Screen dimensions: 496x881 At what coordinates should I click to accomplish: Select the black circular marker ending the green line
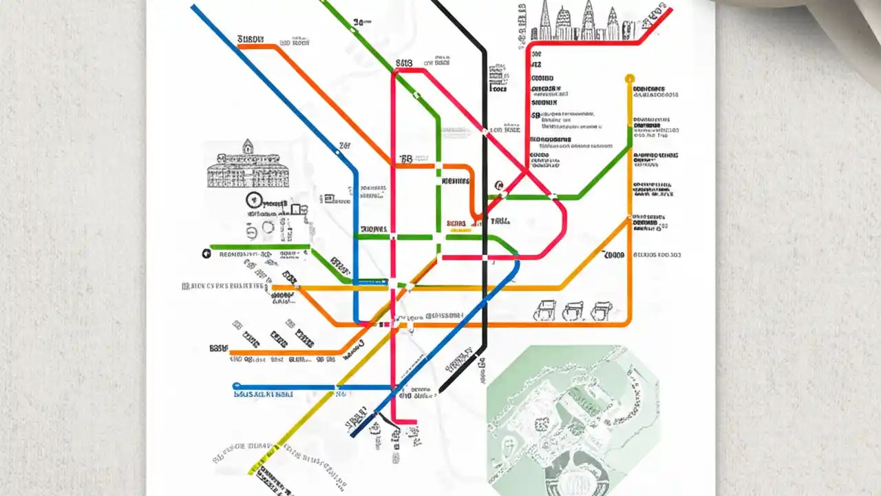(206, 254)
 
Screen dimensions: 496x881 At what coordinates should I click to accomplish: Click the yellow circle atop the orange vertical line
(629, 79)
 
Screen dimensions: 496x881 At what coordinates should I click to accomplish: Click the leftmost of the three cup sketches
(546, 311)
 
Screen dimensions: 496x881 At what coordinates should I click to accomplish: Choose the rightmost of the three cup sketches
(600, 310)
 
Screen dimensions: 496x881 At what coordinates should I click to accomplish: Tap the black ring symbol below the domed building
(255, 200)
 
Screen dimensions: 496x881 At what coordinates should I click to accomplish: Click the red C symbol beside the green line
(498, 185)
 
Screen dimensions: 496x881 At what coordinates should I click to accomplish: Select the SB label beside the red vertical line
(403, 64)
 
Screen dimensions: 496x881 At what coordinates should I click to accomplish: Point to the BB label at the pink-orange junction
(405, 158)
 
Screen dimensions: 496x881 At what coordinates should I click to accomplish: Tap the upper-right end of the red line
(670, 10)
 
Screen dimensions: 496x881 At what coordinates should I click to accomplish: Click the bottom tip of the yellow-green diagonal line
(251, 473)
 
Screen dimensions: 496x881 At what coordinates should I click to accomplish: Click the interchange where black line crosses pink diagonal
(485, 131)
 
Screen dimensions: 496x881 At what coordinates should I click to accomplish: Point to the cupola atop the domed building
(247, 145)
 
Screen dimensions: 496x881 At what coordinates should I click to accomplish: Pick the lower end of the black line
(441, 391)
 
